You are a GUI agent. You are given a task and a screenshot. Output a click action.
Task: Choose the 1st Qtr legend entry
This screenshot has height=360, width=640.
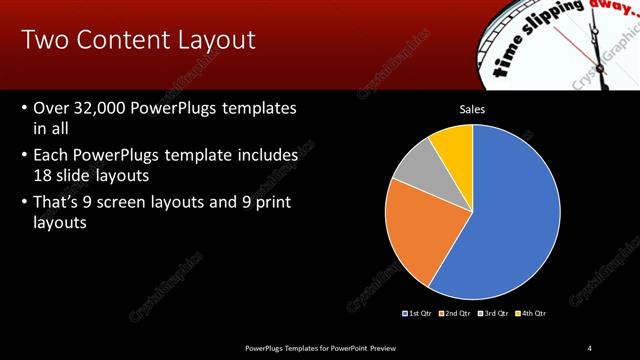[x=418, y=313]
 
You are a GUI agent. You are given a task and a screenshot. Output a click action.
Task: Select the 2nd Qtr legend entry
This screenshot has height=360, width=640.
[x=459, y=313]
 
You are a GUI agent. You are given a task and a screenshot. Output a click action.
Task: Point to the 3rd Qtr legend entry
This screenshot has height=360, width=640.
[x=497, y=313]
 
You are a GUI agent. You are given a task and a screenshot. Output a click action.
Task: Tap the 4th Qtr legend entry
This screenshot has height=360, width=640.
[x=534, y=313]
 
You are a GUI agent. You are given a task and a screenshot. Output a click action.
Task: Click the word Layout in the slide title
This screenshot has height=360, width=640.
[x=211, y=40]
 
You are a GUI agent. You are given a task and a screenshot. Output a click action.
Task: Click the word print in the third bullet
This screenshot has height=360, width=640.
[x=274, y=203]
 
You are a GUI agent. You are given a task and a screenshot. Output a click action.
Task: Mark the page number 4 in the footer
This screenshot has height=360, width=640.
[x=590, y=347]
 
